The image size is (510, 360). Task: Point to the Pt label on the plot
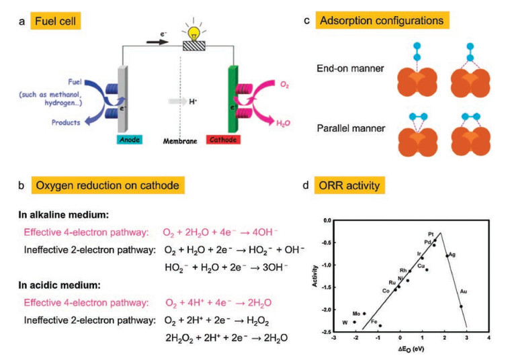431,234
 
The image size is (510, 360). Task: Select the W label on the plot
345,322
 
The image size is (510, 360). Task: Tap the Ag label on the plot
452,255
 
